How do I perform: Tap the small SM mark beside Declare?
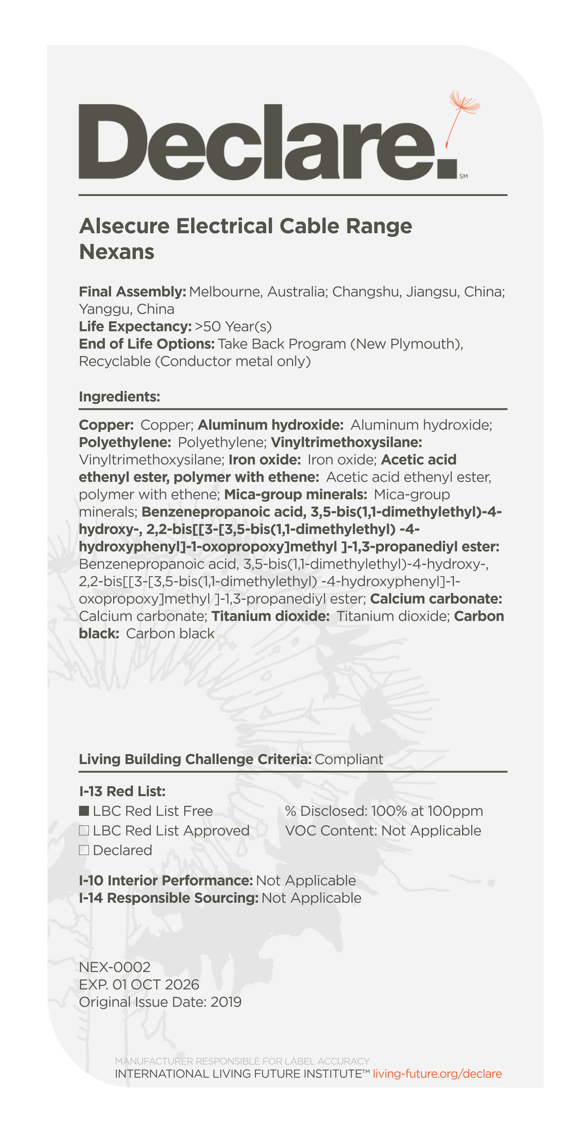click(x=464, y=176)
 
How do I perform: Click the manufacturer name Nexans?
click(x=116, y=252)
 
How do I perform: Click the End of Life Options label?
click(x=147, y=344)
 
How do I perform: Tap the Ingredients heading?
click(x=119, y=397)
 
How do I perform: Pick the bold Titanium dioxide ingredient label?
click(x=270, y=616)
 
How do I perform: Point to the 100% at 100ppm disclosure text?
click(x=426, y=811)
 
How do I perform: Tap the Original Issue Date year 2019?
click(x=226, y=1002)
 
